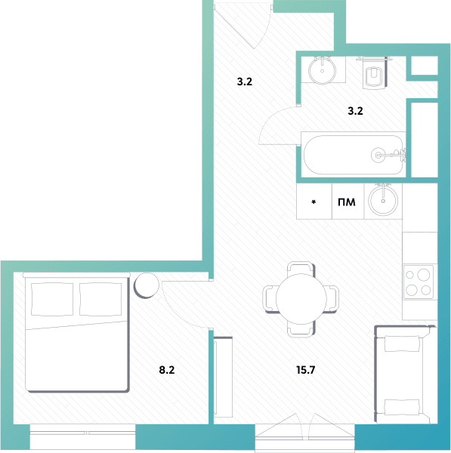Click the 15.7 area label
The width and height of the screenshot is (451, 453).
(x=306, y=370)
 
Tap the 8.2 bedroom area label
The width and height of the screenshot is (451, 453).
(x=167, y=370)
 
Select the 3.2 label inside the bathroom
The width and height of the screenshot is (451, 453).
(x=355, y=111)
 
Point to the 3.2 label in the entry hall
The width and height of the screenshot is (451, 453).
(x=245, y=82)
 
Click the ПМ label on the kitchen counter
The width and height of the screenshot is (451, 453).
(x=347, y=202)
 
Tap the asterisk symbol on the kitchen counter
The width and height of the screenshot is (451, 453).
(x=314, y=202)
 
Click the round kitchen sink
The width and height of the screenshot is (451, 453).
(x=383, y=201)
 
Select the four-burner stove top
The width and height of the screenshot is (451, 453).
(x=418, y=282)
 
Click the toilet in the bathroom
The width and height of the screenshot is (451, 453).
(x=374, y=72)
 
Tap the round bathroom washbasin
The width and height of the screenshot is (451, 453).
(x=322, y=70)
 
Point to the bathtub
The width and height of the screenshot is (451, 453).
(x=354, y=155)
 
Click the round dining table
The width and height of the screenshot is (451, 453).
(x=301, y=299)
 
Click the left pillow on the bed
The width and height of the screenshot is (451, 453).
(x=52, y=299)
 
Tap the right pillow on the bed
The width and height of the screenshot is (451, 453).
(x=100, y=299)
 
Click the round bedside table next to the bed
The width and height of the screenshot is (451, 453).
(x=147, y=285)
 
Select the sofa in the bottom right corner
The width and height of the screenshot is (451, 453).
(x=406, y=374)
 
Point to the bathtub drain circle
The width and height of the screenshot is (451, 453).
(x=378, y=155)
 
